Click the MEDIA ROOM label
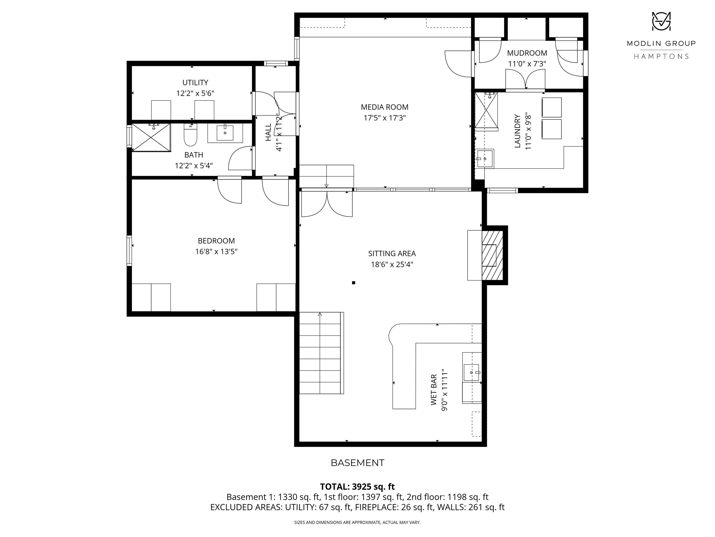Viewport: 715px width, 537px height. coord(384,107)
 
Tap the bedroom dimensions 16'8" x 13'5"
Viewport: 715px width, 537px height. coord(216,251)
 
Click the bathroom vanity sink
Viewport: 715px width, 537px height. coord(225,133)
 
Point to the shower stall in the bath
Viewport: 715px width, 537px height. coord(151,137)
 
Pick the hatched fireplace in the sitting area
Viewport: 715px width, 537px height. coord(492,255)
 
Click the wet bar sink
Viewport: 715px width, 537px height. coord(472,373)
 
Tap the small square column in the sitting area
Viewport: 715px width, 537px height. coord(353,283)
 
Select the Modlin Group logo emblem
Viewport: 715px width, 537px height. coord(661,21)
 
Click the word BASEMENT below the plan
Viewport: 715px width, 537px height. coord(357,463)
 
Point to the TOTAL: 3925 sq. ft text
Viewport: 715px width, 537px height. coord(357,487)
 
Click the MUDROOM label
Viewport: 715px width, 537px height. coord(527,53)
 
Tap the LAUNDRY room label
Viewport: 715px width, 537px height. coord(517,131)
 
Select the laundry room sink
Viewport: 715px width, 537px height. coord(485,159)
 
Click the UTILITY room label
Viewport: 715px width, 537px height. coord(195,82)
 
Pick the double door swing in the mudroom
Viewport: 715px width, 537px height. coord(526,79)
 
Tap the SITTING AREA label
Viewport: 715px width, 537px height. coord(392,254)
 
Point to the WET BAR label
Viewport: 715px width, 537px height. coord(434,390)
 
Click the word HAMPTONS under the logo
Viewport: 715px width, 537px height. coord(661,56)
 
